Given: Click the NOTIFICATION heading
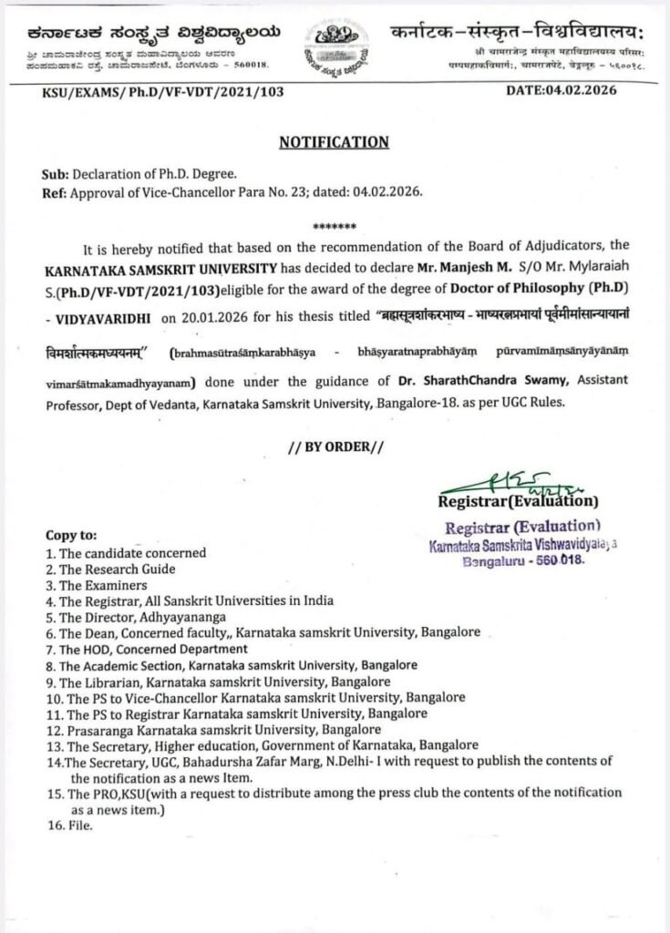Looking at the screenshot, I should pos(334,142).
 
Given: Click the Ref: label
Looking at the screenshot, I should pos(56,192).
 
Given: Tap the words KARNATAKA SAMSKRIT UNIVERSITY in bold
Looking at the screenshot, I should pos(148,271).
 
